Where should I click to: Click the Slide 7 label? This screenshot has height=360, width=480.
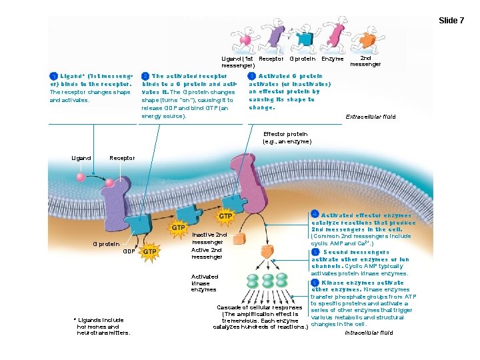(x=451, y=21)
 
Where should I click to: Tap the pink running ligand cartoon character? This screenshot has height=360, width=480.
(x=245, y=39)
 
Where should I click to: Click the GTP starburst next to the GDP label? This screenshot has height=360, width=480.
(x=149, y=251)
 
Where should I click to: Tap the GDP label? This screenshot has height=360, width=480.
(x=130, y=251)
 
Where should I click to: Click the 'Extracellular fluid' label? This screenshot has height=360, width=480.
(x=370, y=117)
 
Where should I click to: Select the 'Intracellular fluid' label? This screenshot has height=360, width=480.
(x=369, y=332)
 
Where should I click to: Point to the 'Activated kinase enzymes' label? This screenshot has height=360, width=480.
(x=205, y=283)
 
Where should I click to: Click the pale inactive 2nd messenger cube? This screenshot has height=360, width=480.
(x=241, y=239)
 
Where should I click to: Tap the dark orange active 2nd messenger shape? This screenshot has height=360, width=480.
(x=267, y=251)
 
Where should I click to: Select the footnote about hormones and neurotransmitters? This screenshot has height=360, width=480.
(x=103, y=327)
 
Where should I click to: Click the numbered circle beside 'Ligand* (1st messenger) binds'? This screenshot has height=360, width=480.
(x=54, y=77)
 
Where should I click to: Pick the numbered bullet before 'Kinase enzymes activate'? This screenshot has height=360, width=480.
(x=315, y=283)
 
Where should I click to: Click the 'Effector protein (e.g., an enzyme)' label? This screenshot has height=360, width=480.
(x=287, y=138)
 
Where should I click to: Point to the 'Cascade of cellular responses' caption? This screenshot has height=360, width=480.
(x=260, y=307)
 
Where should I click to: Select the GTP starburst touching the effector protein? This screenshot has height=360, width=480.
(x=225, y=217)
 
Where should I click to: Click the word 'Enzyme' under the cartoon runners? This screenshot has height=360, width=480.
(x=333, y=59)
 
